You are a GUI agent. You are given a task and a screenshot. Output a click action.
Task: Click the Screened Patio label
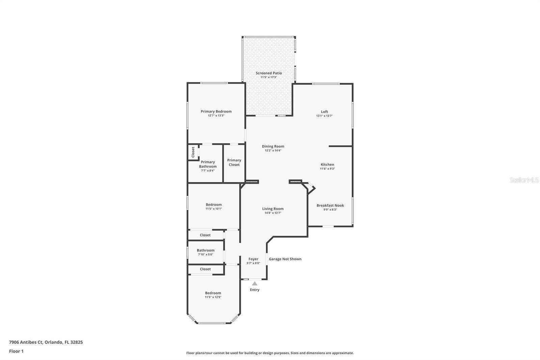(269, 73)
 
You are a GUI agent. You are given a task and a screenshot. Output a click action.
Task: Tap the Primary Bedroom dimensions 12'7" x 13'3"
(216, 115)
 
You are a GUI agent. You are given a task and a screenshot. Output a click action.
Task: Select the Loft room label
(324, 112)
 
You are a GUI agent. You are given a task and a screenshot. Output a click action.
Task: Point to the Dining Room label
(273, 146)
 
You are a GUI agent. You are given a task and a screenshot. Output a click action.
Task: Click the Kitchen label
(327, 164)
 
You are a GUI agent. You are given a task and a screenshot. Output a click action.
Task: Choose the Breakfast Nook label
(330, 205)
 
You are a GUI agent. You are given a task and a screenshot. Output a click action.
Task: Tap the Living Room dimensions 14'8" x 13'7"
(273, 213)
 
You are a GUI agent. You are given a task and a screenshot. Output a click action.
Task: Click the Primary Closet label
(234, 162)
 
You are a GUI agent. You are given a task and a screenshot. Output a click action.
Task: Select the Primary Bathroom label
(208, 164)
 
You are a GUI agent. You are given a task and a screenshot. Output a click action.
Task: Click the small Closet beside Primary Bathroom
(193, 152)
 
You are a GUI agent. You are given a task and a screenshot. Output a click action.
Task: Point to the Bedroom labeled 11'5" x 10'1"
(214, 205)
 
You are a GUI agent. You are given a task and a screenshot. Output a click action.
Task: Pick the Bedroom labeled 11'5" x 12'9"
(213, 293)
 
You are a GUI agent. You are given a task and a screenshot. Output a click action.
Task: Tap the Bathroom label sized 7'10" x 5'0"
(206, 250)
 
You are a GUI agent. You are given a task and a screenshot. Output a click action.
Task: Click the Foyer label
(253, 259)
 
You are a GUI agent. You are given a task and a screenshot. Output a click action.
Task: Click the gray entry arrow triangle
(254, 284)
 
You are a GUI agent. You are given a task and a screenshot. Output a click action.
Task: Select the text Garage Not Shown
(285, 259)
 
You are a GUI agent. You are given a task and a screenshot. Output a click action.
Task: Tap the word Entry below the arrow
(254, 290)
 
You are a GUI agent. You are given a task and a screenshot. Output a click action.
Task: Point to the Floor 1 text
(16, 351)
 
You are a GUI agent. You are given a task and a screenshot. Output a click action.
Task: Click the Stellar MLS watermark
(524, 180)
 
